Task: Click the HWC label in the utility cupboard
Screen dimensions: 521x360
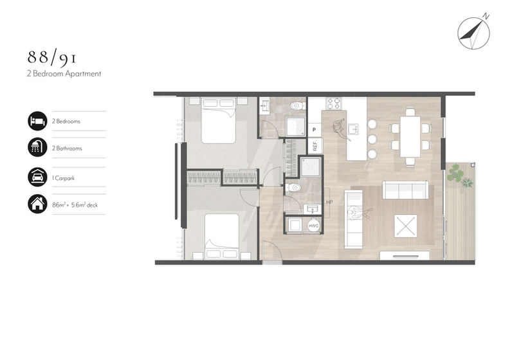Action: click(313, 226)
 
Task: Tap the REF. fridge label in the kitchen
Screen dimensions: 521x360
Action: click(315, 145)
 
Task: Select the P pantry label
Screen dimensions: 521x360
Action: click(314, 129)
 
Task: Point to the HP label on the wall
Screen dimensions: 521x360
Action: click(329, 203)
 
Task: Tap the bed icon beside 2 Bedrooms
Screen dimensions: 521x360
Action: click(37, 121)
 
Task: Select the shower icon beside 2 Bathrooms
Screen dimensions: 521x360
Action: click(37, 147)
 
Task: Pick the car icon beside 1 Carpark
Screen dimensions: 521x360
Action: click(37, 177)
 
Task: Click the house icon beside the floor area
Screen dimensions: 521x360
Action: click(37, 204)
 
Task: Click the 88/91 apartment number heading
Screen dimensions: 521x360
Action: click(52, 58)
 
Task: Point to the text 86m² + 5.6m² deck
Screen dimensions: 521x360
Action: click(75, 205)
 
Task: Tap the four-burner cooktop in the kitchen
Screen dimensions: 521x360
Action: click(334, 104)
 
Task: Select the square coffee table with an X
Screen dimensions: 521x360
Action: click(405, 226)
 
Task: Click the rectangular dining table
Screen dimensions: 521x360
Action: click(410, 136)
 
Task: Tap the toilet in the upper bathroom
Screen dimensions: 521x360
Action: click(297, 106)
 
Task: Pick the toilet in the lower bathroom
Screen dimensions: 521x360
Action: click(293, 188)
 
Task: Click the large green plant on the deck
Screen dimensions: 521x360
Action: click(455, 174)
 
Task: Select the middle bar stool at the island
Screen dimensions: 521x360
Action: click(372, 139)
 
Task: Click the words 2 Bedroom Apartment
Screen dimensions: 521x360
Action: click(64, 74)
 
